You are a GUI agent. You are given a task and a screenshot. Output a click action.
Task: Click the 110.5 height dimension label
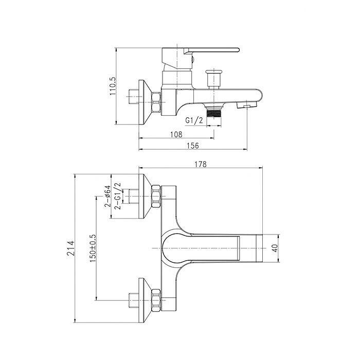(113, 86)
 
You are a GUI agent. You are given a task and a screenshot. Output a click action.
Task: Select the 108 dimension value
(176, 134)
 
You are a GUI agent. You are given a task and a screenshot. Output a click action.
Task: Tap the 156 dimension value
(193, 146)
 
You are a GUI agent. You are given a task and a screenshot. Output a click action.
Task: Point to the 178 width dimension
(201, 164)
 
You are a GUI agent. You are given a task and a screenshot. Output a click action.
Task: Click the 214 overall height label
(71, 248)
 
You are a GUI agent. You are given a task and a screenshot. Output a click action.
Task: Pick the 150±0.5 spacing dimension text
(93, 248)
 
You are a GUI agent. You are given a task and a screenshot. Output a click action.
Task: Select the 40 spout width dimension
(275, 248)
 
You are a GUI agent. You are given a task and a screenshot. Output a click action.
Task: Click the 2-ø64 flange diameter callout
(107, 196)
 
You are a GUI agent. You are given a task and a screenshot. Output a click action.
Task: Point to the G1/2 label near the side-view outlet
(194, 120)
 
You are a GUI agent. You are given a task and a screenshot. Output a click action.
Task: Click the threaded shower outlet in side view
(214, 114)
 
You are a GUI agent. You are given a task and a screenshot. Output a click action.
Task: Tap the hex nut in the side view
(156, 102)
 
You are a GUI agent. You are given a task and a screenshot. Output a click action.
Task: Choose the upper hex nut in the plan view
(156, 196)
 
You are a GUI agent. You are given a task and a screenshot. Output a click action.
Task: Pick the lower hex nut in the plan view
(156, 300)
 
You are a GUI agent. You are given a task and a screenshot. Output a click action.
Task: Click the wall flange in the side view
(145, 102)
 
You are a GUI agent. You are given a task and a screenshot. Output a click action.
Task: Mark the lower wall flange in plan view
(145, 300)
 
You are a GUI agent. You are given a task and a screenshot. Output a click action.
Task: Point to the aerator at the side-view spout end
(247, 105)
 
